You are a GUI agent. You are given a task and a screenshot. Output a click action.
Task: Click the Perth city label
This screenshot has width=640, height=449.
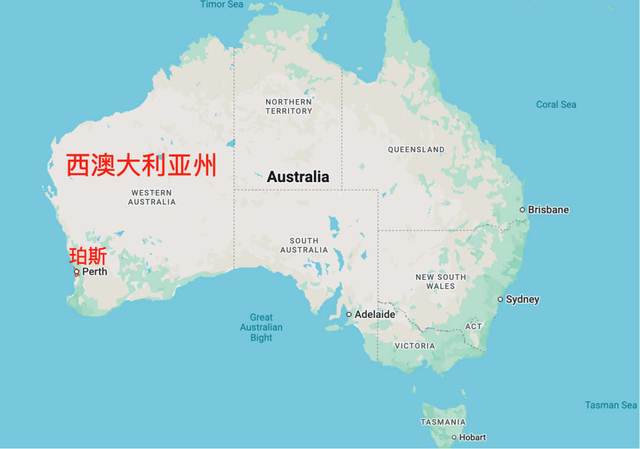point(95,272)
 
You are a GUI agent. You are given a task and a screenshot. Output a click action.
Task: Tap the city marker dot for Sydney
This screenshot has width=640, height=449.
point(501,300)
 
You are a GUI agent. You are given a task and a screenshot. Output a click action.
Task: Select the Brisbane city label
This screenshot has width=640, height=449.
point(548,210)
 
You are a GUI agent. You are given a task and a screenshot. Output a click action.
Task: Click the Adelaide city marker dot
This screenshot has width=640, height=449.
point(349,314)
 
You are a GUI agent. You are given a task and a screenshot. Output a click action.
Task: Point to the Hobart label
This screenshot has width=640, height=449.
point(472,438)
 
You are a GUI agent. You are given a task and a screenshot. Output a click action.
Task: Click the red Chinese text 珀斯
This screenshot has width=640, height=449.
point(88,257)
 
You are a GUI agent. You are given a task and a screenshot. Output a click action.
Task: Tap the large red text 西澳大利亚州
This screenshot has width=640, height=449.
point(141,165)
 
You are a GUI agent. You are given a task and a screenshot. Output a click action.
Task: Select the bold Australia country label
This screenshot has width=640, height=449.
point(298,177)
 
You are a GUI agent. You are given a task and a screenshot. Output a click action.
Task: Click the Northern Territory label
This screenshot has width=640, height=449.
point(289,107)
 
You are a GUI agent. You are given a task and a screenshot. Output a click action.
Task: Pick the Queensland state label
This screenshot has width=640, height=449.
point(416,149)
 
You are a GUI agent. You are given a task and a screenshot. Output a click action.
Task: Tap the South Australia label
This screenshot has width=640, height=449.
point(304,246)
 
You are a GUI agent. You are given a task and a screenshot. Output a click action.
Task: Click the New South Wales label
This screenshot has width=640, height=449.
point(440,282)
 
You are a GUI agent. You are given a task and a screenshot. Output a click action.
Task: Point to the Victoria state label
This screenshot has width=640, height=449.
point(415,346)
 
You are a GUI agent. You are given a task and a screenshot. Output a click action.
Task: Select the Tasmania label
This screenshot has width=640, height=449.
point(443,422)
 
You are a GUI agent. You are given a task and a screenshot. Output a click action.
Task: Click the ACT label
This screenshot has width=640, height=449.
point(473,326)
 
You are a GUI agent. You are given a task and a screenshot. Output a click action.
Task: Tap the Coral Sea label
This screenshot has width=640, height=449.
point(556,104)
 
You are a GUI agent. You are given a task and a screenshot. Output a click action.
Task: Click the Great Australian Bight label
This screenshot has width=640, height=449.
point(261,327)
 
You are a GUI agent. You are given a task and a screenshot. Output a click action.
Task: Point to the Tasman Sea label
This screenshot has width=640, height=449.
point(611,405)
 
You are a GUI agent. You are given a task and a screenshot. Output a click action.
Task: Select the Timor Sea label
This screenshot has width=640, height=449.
point(222,4)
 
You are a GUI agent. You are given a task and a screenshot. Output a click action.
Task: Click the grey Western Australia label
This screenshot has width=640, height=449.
point(152,198)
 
